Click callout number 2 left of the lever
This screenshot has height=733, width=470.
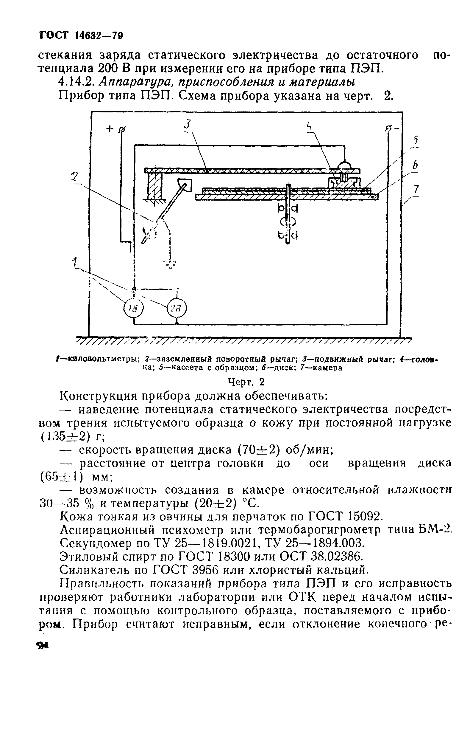(74, 176)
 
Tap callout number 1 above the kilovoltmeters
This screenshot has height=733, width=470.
(74, 262)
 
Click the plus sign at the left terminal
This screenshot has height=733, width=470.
(109, 129)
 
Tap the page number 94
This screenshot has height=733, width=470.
(43, 646)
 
